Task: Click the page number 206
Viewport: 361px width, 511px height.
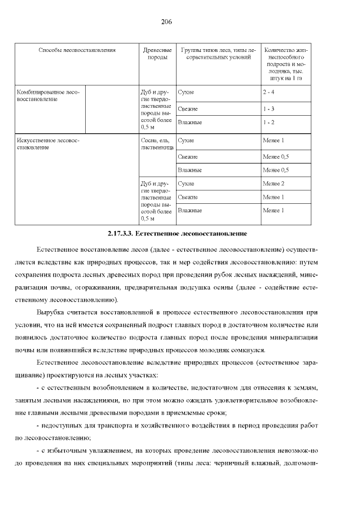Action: click(x=166, y=22)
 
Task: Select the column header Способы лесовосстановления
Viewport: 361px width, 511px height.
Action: click(x=77, y=50)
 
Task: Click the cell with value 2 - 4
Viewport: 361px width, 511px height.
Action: click(x=268, y=91)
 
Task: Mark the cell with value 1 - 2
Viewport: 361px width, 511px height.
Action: click(x=268, y=122)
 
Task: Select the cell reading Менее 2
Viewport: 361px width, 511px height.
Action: click(x=274, y=184)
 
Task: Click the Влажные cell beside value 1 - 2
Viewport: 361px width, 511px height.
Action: click(x=190, y=122)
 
